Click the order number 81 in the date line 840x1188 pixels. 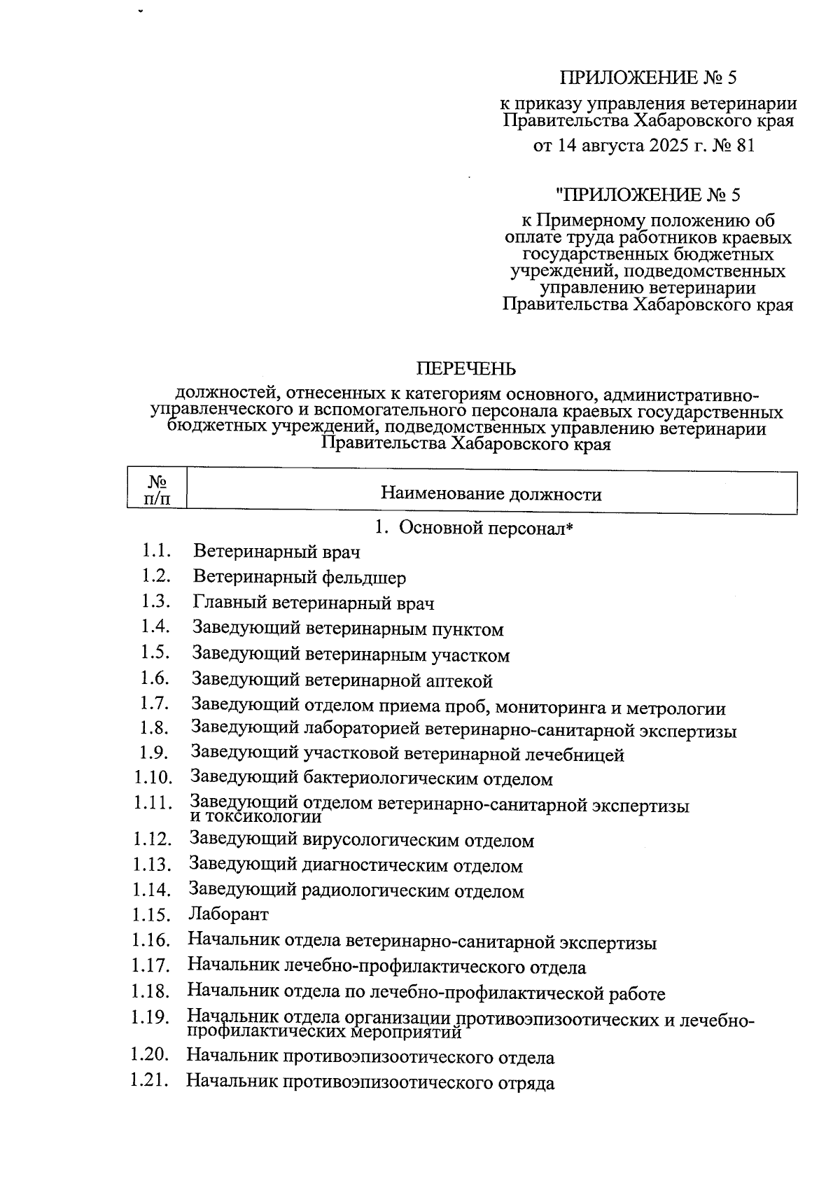click(743, 146)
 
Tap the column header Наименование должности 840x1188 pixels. click(491, 494)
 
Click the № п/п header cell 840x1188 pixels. click(157, 490)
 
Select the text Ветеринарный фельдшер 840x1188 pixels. click(299, 578)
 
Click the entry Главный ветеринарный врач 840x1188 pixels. click(313, 603)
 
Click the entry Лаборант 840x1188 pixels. click(228, 914)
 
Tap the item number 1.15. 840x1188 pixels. click(150, 915)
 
